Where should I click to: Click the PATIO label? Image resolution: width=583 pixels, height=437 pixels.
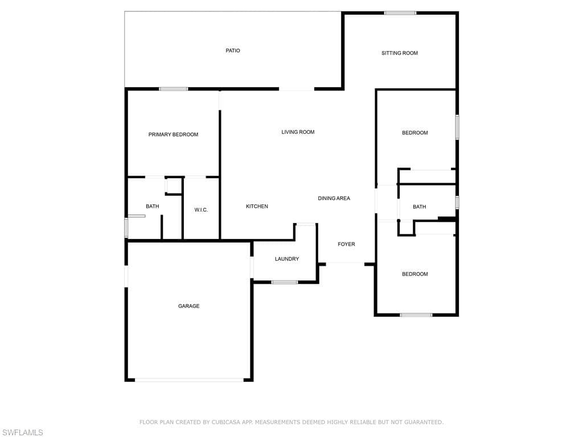click(233, 51)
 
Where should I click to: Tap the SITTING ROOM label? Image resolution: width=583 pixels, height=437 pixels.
click(400, 53)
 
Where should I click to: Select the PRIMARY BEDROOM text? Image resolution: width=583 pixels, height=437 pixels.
click(173, 134)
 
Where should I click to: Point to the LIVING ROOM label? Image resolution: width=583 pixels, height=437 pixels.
click(298, 132)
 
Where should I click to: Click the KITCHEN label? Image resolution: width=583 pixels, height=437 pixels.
click(257, 206)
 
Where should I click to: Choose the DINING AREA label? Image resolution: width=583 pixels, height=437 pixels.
click(334, 199)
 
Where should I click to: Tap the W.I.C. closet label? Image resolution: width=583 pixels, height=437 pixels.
click(201, 210)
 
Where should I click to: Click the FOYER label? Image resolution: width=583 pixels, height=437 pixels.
click(346, 244)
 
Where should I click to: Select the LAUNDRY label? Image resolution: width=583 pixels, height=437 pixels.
click(287, 259)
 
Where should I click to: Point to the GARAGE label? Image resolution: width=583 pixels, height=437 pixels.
click(189, 306)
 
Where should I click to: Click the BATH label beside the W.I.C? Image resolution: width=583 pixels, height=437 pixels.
click(153, 206)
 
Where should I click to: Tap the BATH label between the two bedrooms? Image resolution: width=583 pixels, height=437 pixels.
click(420, 207)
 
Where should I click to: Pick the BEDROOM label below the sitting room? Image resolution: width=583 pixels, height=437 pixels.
click(415, 133)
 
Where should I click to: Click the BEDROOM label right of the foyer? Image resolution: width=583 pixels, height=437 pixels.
click(415, 274)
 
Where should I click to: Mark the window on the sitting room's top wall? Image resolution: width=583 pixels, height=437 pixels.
click(400, 13)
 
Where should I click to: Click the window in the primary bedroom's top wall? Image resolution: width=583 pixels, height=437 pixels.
click(174, 89)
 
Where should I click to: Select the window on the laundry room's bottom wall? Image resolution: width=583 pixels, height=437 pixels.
click(285, 282)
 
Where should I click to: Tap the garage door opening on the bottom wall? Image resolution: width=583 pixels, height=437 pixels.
click(189, 380)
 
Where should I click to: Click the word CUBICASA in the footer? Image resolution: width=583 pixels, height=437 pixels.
click(227, 422)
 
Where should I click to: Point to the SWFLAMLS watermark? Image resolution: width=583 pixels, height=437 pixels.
click(22, 432)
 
